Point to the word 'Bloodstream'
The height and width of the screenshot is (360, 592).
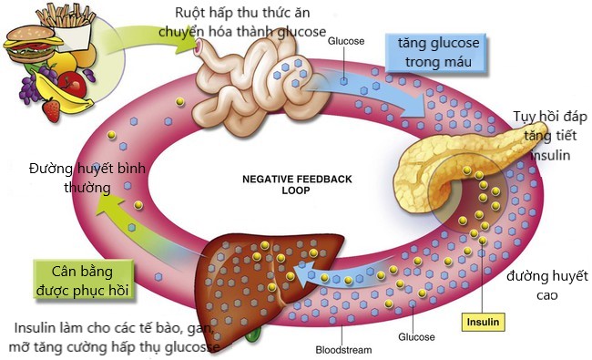pos(345,350)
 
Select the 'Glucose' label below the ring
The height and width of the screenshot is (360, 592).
pos(417,336)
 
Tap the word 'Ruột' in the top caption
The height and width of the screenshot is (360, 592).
pos(194,14)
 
